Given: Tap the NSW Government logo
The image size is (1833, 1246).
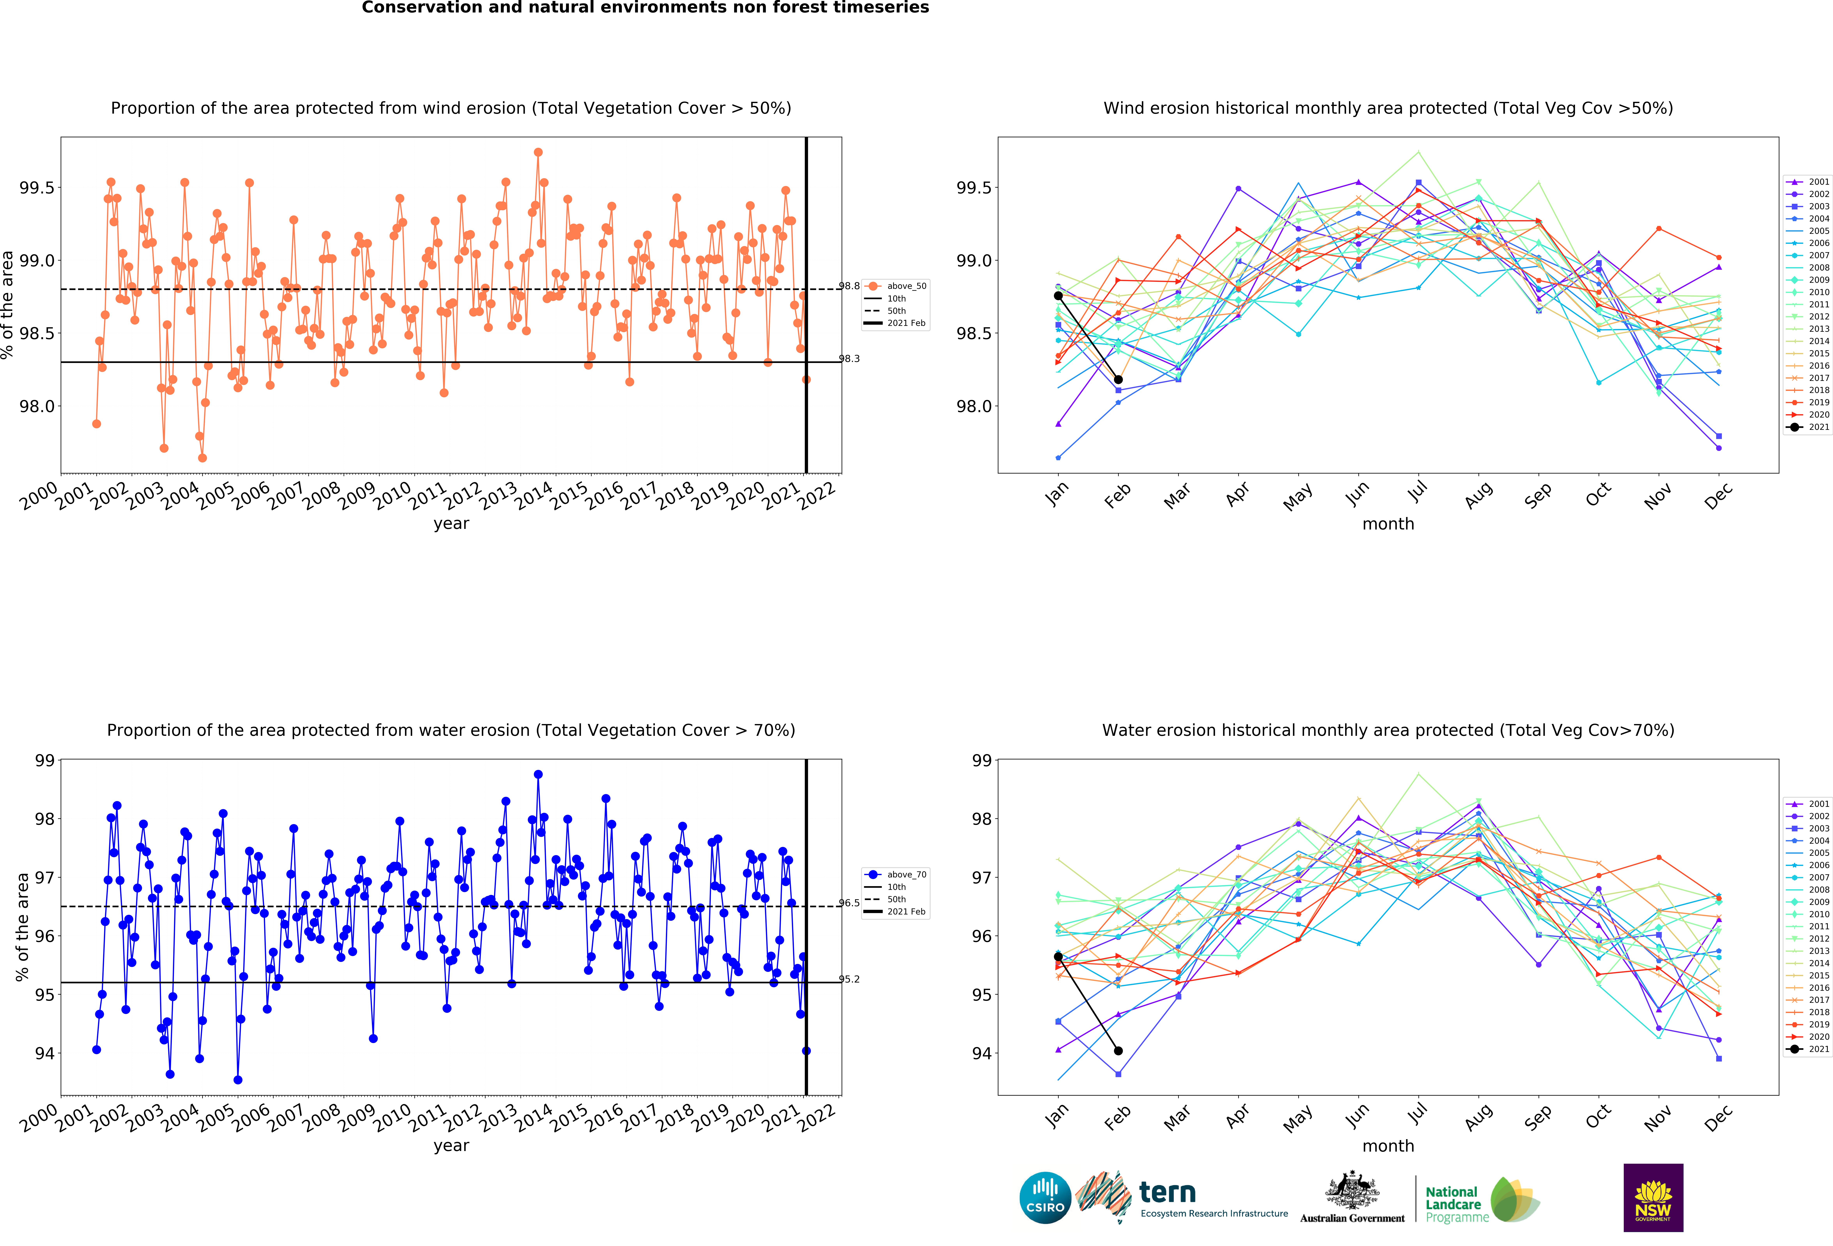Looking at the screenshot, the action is tap(1653, 1197).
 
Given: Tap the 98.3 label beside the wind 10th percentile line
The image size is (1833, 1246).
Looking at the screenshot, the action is tap(849, 359).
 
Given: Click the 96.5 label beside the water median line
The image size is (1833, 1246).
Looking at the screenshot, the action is tap(849, 903).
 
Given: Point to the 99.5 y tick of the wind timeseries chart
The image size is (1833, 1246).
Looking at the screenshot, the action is tap(37, 188).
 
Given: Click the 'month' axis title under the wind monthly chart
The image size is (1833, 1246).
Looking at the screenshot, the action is tap(1388, 524).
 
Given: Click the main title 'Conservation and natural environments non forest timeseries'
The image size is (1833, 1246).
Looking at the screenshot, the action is tap(645, 8).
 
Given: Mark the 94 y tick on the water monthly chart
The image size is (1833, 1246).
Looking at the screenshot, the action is tap(982, 1054).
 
